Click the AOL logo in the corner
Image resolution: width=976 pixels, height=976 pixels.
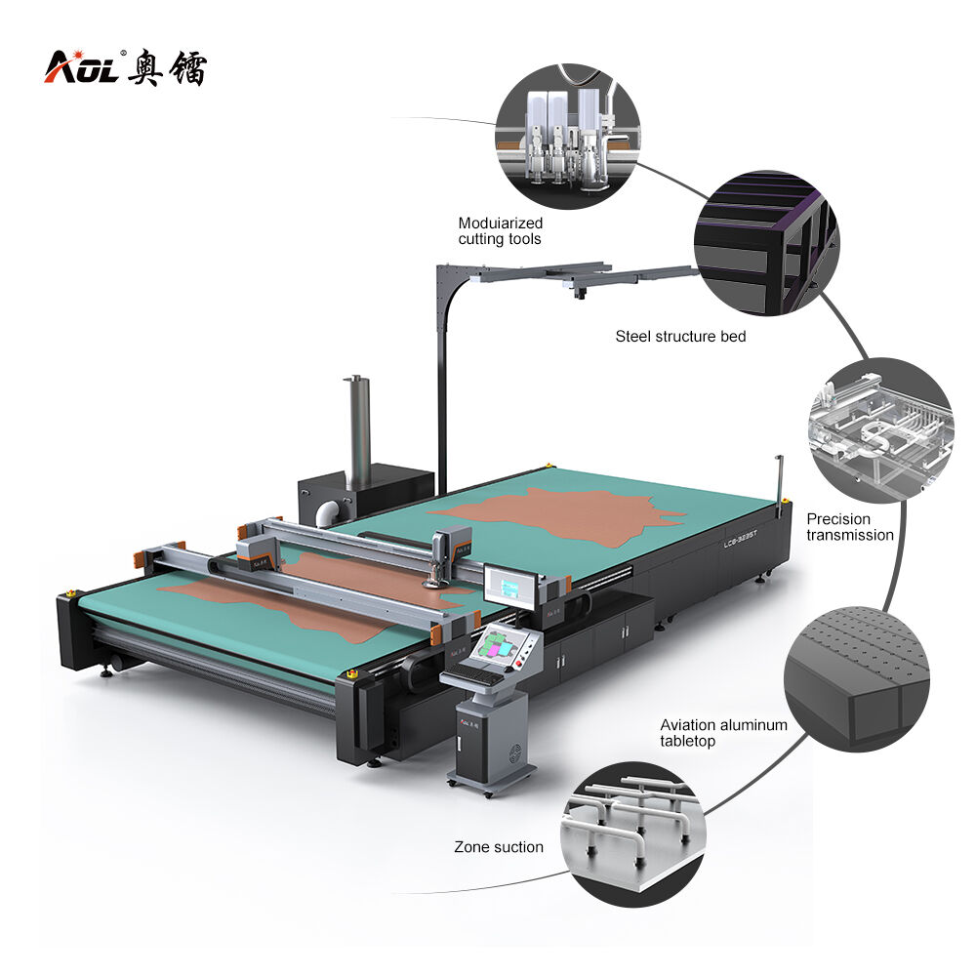tap(125, 66)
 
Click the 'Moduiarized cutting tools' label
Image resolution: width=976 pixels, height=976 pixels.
tap(501, 231)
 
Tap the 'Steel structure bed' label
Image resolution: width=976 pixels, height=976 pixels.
tap(680, 337)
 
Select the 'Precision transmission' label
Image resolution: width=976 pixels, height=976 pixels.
tap(850, 527)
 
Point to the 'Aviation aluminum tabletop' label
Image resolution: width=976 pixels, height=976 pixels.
tap(723, 733)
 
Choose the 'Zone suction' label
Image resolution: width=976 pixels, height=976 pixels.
tap(499, 847)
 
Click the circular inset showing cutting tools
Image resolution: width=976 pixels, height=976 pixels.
tap(568, 136)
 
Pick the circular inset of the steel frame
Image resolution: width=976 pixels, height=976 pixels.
tap(767, 243)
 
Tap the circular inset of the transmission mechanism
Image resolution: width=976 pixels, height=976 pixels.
tap(880, 430)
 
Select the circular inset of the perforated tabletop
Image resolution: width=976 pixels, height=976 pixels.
tap(857, 679)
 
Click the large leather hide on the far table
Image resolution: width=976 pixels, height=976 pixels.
tap(558, 516)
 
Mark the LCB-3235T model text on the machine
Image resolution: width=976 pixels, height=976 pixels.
tap(740, 539)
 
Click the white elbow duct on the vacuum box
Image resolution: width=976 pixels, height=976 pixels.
tap(327, 513)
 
